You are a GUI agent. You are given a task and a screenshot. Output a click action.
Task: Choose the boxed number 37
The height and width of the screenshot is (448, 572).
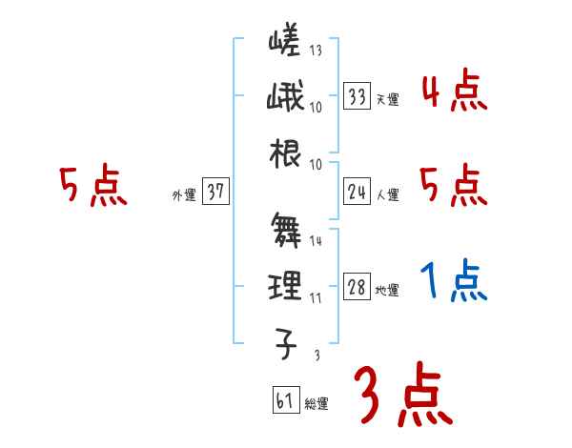pos(215,193)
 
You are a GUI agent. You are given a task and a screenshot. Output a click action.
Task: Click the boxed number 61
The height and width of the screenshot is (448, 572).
pos(285,400)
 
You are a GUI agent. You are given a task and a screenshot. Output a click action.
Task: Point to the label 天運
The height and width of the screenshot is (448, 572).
pos(387,98)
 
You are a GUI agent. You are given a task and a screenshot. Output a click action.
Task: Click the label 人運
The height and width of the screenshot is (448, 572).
pos(387,195)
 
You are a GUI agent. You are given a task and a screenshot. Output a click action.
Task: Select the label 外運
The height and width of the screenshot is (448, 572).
pos(183,195)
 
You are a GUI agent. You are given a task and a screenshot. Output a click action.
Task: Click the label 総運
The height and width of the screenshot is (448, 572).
pos(317,404)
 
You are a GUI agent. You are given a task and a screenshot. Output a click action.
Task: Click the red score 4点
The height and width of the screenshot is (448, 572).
pos(454,92)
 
